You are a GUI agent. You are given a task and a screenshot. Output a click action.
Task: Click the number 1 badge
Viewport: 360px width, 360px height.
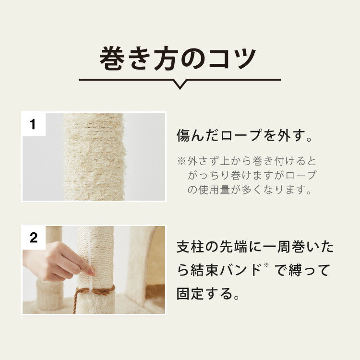coord(33,125)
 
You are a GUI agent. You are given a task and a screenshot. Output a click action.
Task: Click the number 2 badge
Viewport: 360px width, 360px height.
coord(33,238)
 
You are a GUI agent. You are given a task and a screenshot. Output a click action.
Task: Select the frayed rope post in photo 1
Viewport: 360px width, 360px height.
coord(95,156)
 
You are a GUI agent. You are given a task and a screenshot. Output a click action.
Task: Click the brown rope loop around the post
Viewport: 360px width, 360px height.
coord(96,291)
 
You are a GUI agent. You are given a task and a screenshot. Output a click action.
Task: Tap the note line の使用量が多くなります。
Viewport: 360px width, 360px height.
coord(249,190)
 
